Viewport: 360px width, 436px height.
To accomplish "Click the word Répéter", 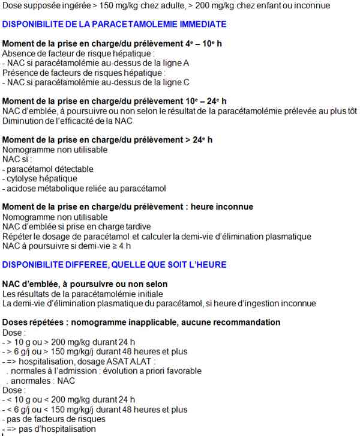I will click(x=20, y=236).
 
